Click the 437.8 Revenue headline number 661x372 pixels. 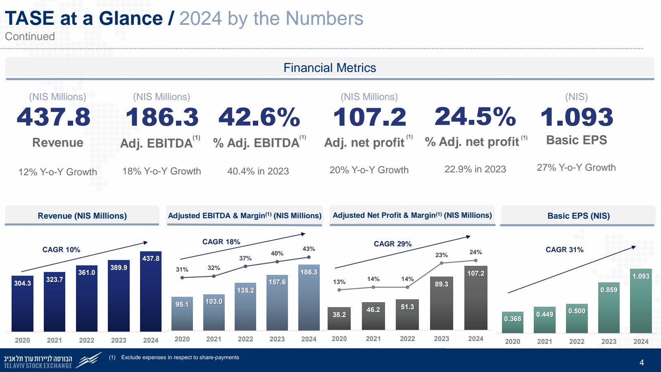[x=54, y=117]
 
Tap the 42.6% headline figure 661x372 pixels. [x=259, y=117]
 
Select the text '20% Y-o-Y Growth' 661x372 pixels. [x=369, y=170]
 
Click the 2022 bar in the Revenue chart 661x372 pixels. [x=87, y=300]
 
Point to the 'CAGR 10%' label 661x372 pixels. [x=61, y=250]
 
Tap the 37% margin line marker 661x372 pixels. [x=245, y=266]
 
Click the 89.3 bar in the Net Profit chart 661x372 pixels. [x=441, y=304]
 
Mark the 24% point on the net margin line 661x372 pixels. [x=476, y=260]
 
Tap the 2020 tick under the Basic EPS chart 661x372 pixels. [x=512, y=341]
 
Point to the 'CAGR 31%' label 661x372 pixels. [x=564, y=250]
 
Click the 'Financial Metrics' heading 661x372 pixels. [x=330, y=68]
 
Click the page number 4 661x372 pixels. [x=642, y=362]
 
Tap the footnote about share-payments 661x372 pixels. [x=180, y=358]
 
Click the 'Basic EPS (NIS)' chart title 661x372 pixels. [x=578, y=216]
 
